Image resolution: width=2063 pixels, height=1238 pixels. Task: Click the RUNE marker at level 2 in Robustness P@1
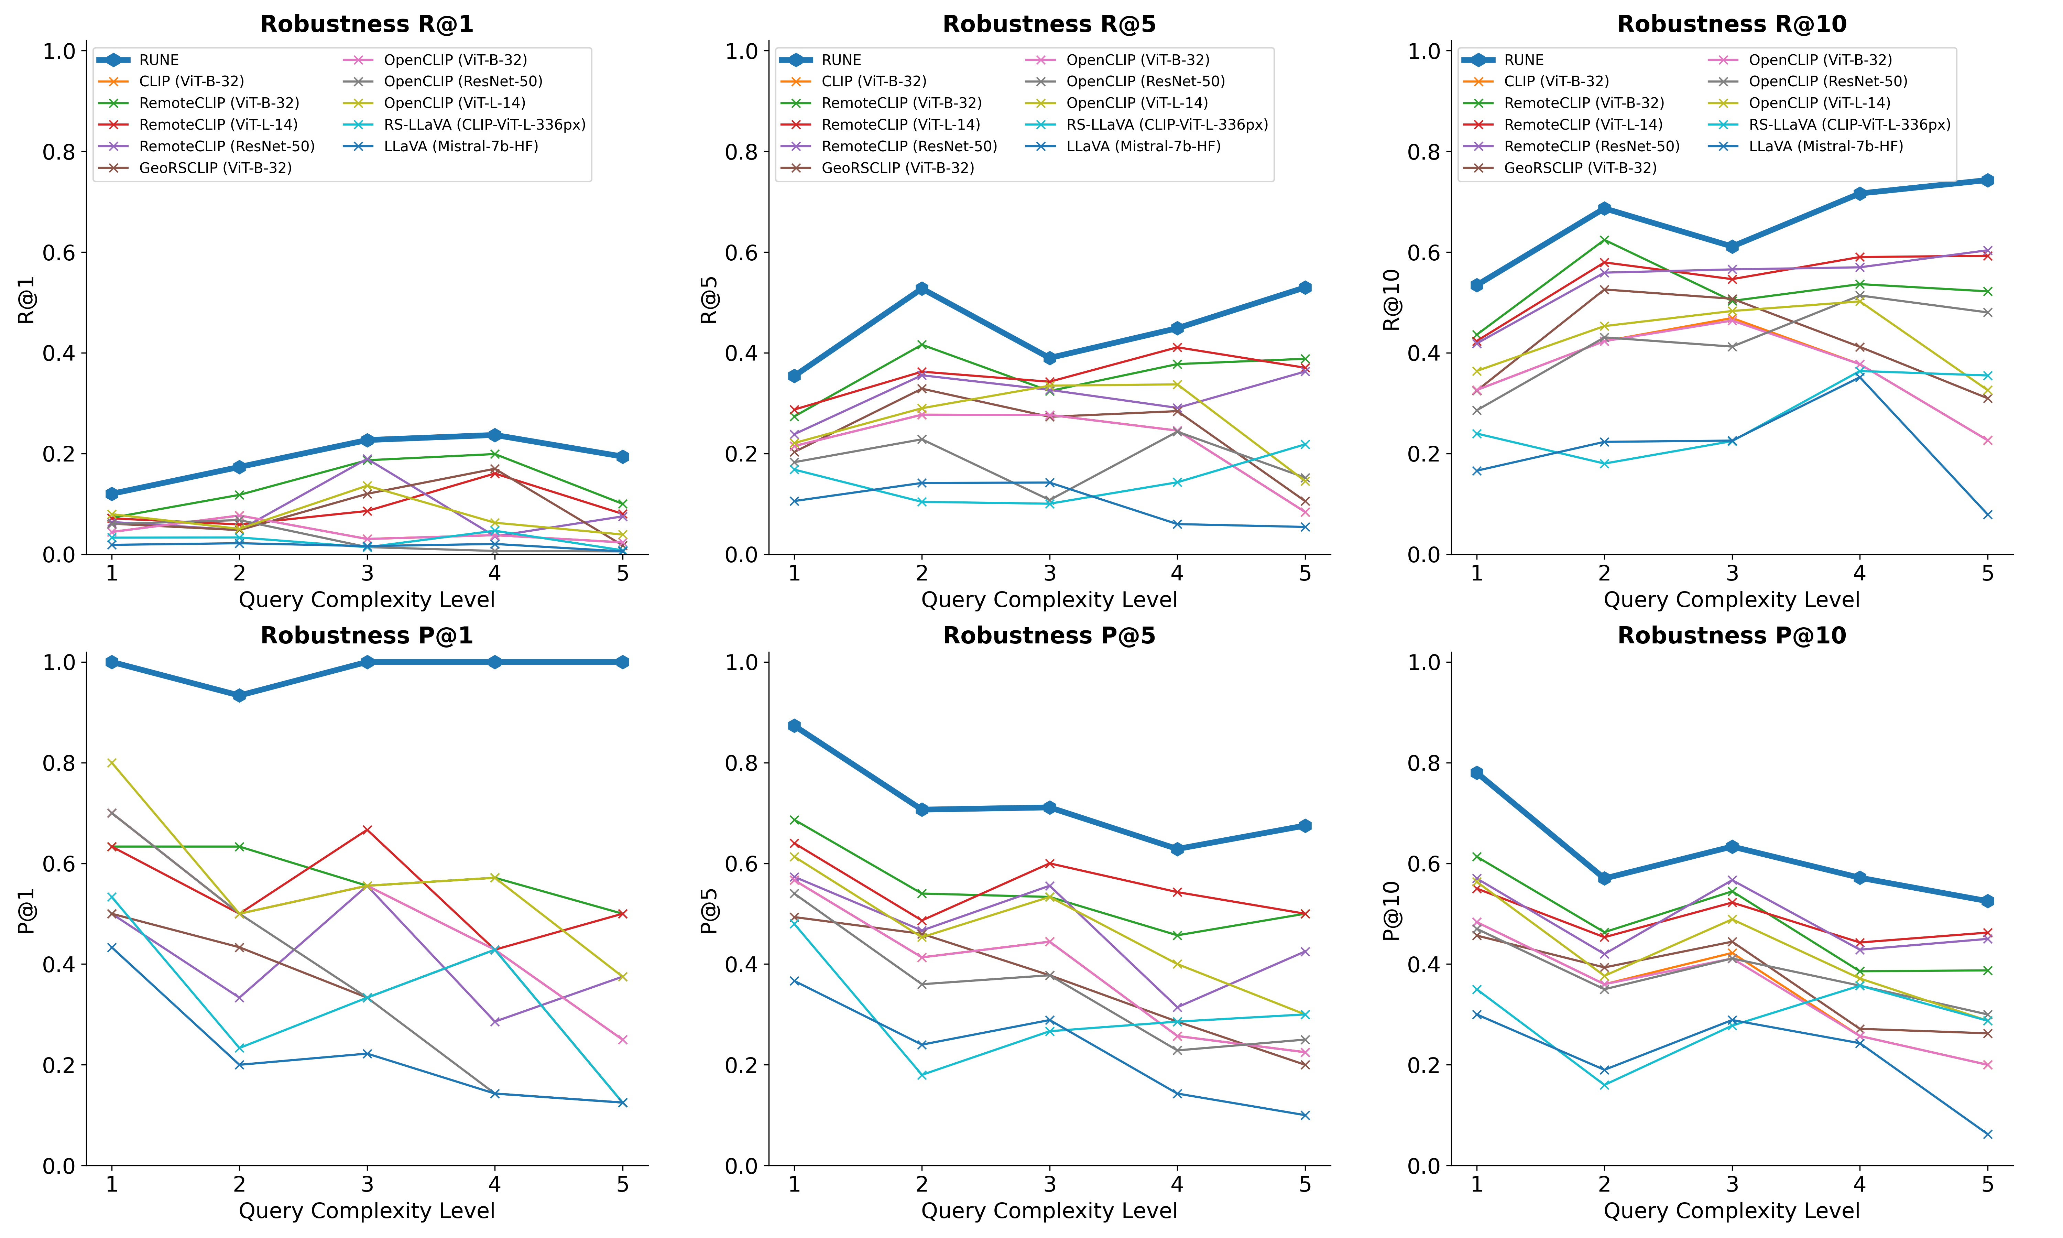point(239,695)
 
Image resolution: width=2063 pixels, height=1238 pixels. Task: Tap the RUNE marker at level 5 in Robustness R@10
point(1987,180)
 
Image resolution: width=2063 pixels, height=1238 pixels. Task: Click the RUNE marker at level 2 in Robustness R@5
point(921,289)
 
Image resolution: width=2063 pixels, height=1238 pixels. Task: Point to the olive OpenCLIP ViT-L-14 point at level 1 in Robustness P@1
point(112,762)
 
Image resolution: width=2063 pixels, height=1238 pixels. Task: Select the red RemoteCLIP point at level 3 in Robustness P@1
point(367,829)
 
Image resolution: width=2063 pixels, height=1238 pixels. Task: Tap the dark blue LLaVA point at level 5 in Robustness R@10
point(1987,515)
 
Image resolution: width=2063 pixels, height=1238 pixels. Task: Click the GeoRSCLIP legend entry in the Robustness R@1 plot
point(215,168)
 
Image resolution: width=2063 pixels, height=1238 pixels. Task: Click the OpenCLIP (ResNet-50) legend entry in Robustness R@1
point(463,81)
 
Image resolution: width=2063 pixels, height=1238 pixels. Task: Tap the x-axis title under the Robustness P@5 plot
point(1049,1210)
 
